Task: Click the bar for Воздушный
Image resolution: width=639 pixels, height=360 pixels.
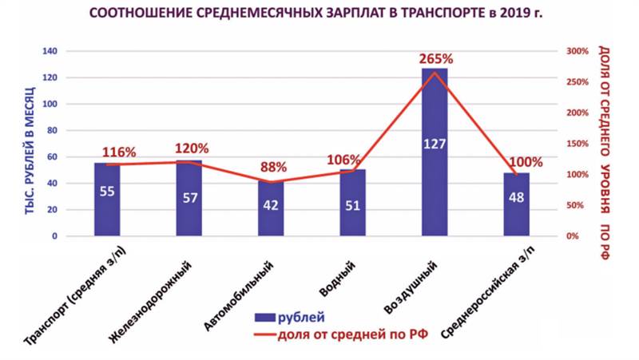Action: pyautogui.click(x=435, y=152)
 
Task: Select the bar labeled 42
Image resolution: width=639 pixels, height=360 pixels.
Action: pyautogui.click(x=271, y=209)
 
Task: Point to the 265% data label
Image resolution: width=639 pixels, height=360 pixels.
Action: pyautogui.click(x=436, y=59)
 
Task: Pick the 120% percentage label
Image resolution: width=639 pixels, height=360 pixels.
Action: pyautogui.click(x=192, y=148)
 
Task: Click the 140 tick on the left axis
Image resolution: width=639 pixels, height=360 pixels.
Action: pyautogui.click(x=51, y=51)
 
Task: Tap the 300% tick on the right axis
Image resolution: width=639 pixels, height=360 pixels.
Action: pyautogui.click(x=577, y=51)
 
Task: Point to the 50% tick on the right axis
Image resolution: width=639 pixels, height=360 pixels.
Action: pyautogui.click(x=575, y=206)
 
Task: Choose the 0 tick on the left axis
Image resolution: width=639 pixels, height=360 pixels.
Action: pyautogui.click(x=55, y=237)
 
